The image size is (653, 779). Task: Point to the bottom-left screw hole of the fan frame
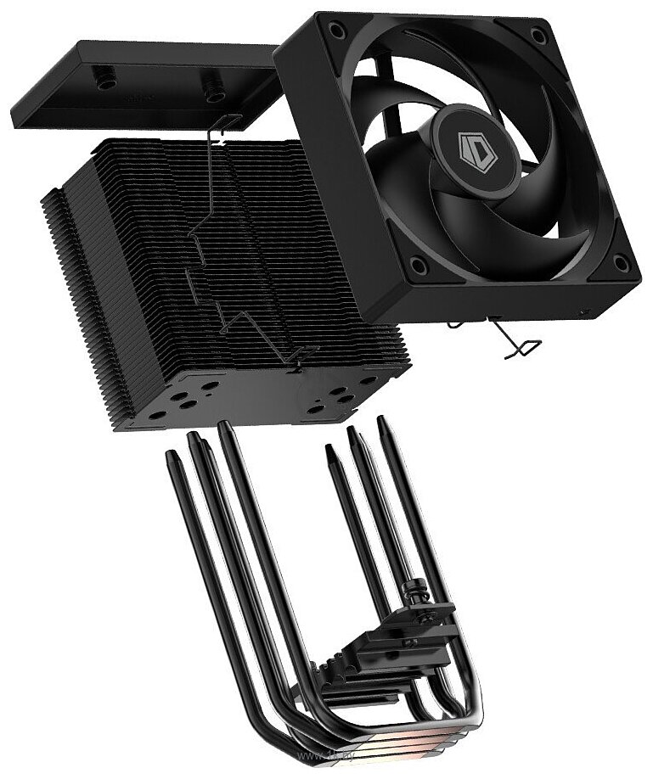click(x=417, y=266)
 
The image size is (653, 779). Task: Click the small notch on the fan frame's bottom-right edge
click(x=583, y=312)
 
